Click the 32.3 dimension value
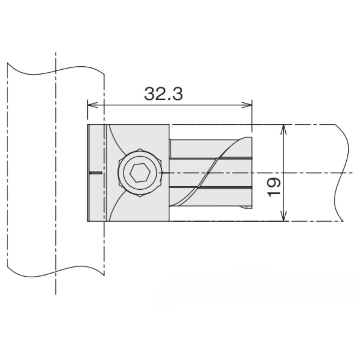tap(163, 93)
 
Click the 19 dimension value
tap(274, 187)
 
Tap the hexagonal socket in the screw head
tap(140, 173)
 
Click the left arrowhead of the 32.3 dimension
tap(93, 105)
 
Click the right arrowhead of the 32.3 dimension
tap(247, 105)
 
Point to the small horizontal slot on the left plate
tap(96, 173)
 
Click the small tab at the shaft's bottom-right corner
tap(246, 207)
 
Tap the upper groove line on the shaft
tap(211, 158)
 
